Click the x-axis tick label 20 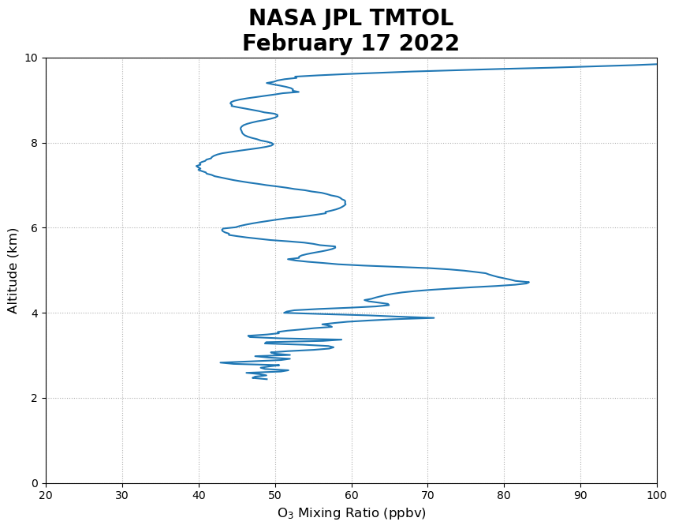click(x=46, y=495)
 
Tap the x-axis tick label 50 click(x=275, y=495)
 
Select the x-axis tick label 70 click(x=428, y=495)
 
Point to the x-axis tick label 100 click(x=656, y=495)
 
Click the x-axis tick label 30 click(x=122, y=495)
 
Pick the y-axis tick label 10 click(x=32, y=58)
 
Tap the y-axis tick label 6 click(x=35, y=228)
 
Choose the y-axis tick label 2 click(x=35, y=399)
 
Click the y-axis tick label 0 click(x=35, y=483)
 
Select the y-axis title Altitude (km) click(x=13, y=270)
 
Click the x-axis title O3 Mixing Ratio click(x=351, y=513)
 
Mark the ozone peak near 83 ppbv click(x=529, y=282)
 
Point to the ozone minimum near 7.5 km click(x=197, y=166)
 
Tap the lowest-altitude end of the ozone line click(x=267, y=380)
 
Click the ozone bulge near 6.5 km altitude click(x=345, y=204)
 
